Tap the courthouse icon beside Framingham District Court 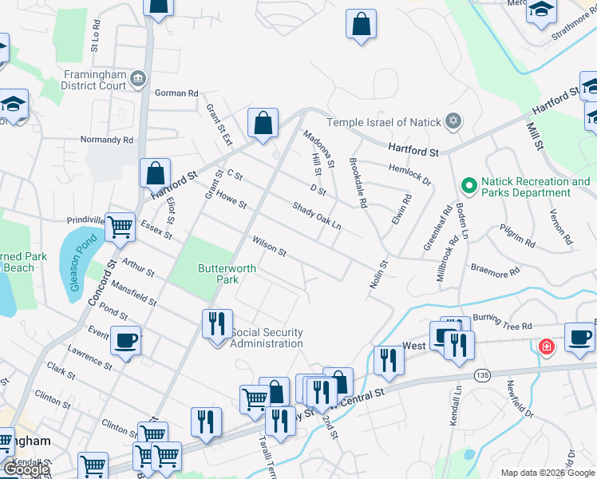coord(139,78)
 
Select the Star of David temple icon coord(453,121)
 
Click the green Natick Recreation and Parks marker coord(469,186)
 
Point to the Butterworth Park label coord(227,274)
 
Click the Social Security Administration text coord(267,338)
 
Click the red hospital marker coord(546,347)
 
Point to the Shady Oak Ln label coord(316,216)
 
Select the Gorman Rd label coord(176,93)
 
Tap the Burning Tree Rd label coord(500,327)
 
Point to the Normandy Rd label coord(106,140)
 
